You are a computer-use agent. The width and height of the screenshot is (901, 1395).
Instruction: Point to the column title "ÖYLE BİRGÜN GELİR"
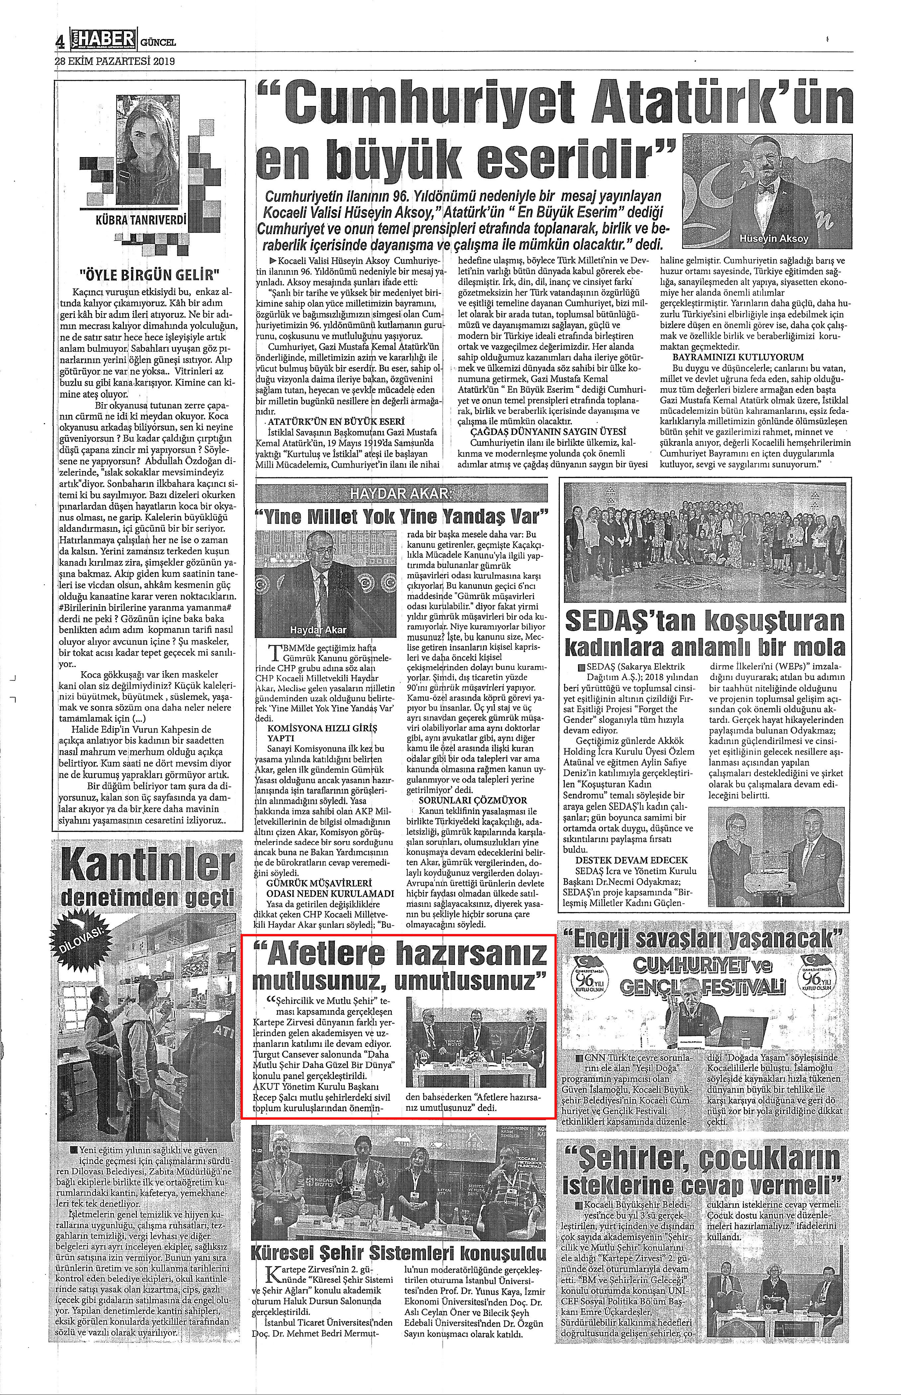[149, 273]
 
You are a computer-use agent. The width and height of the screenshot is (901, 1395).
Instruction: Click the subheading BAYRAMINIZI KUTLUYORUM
[738, 357]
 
